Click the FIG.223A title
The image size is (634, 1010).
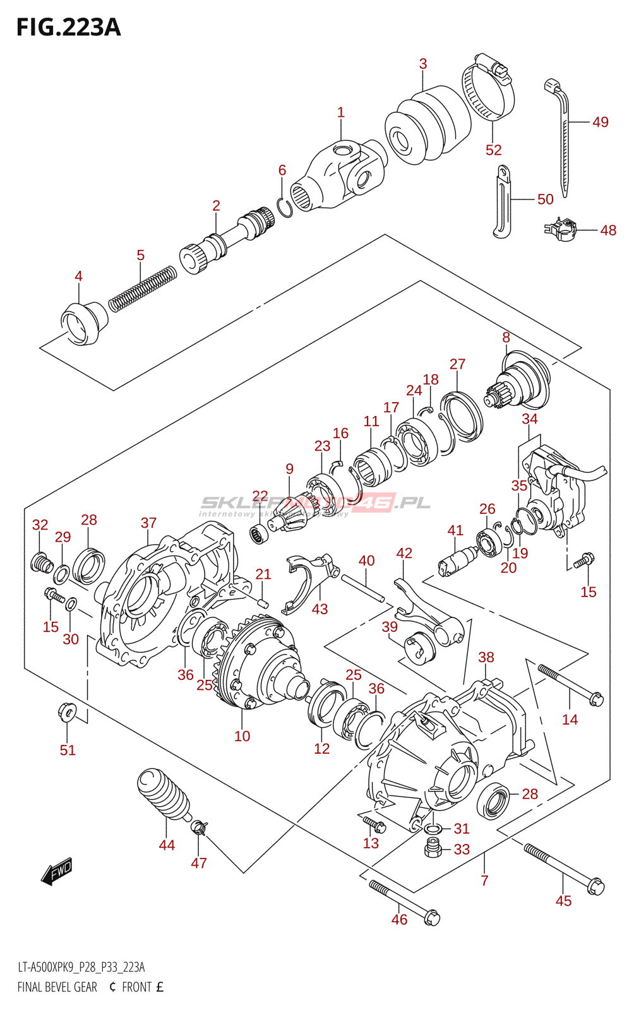pyautogui.click(x=68, y=28)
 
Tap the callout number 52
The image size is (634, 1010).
pyautogui.click(x=493, y=150)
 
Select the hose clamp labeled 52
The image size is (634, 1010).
pyautogui.click(x=488, y=88)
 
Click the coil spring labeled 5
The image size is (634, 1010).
pyautogui.click(x=142, y=288)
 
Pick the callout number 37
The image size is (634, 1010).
pyautogui.click(x=148, y=523)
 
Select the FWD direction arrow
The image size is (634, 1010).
pyautogui.click(x=57, y=871)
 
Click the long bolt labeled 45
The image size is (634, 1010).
pyautogui.click(x=563, y=869)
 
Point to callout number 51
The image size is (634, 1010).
pyautogui.click(x=68, y=750)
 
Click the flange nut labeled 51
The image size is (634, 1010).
pyautogui.click(x=67, y=711)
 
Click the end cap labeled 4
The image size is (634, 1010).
pyautogui.click(x=83, y=323)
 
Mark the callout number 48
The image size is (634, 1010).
pyautogui.click(x=608, y=230)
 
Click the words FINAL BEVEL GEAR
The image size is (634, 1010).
pyautogui.click(x=57, y=987)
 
